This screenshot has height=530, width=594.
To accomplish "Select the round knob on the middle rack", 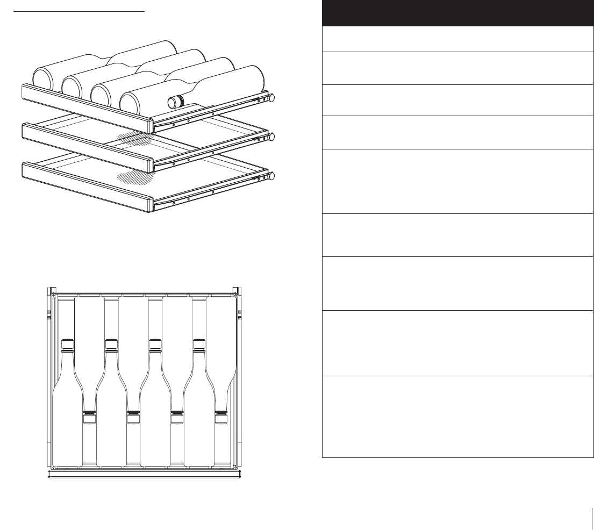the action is click(272, 137).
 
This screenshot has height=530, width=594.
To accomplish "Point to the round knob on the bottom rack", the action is click(272, 176).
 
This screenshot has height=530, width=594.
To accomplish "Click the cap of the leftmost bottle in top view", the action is click(67, 344).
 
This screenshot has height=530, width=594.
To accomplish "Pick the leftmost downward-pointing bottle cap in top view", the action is click(89, 418).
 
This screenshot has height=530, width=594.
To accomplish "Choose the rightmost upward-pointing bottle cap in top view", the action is click(199, 344).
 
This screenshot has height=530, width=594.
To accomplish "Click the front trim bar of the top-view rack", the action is click(144, 474).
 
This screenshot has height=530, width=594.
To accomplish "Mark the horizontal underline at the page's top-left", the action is click(79, 10).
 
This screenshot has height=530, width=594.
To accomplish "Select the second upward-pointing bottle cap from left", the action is click(111, 344).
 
